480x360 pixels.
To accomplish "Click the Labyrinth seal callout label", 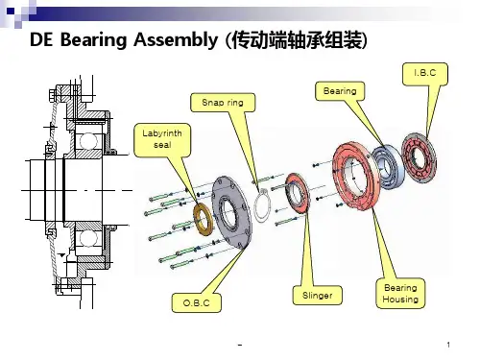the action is point(162,140).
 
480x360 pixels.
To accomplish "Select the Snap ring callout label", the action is point(223,103).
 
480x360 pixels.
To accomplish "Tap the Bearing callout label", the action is point(340,91).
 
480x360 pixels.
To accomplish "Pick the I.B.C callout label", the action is point(425,73).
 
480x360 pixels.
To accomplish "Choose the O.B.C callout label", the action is point(197,302).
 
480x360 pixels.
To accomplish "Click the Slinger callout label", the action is point(317,295).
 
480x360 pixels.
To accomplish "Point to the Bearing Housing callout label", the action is point(400,294).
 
